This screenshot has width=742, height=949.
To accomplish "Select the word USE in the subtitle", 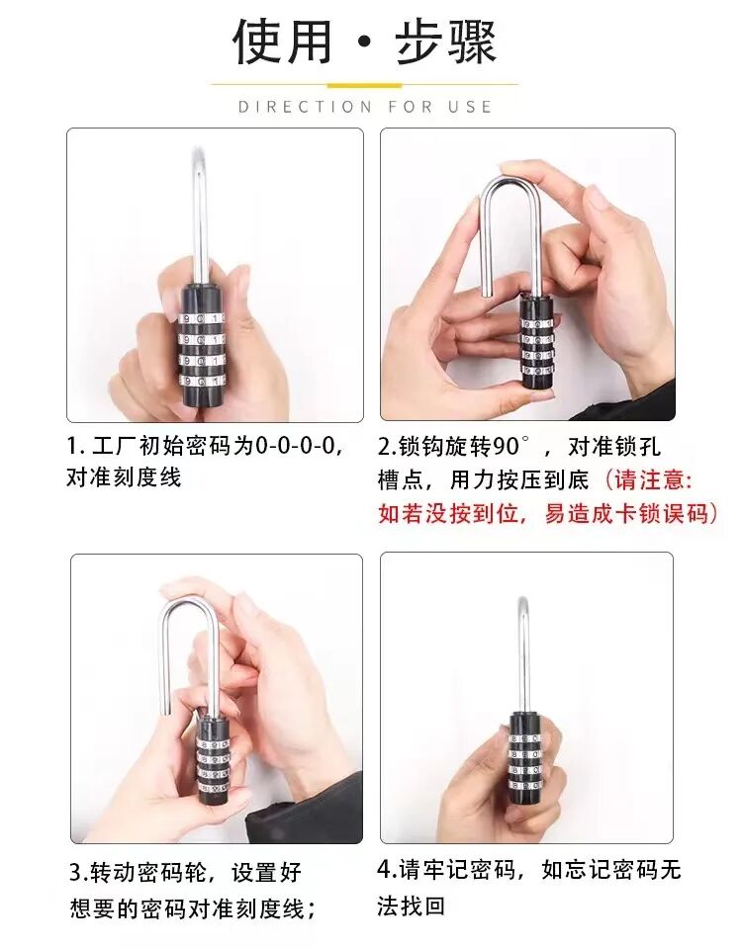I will click(x=471, y=106).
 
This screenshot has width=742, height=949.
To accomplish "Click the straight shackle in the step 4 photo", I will click(x=522, y=652).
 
